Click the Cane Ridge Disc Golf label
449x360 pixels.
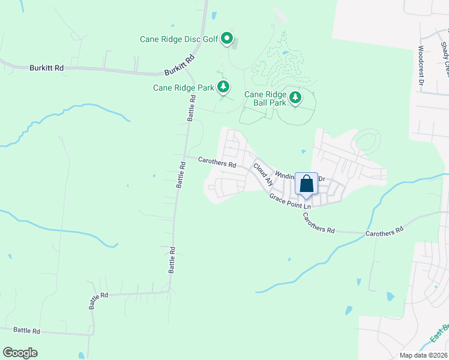178,39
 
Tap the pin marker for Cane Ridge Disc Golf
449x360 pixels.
227,38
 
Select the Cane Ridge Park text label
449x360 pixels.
183,88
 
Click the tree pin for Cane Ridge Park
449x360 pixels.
223,87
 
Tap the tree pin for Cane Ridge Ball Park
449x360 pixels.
295,97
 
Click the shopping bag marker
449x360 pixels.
306,185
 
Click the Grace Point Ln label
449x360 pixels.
290,202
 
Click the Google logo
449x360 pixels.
20,353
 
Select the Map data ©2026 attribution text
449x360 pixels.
423,355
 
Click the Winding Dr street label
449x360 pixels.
300,177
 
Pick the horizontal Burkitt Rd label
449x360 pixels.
46,68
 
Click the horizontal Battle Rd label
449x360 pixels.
26,331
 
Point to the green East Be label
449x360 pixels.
440,334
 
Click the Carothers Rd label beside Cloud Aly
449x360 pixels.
217,163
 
